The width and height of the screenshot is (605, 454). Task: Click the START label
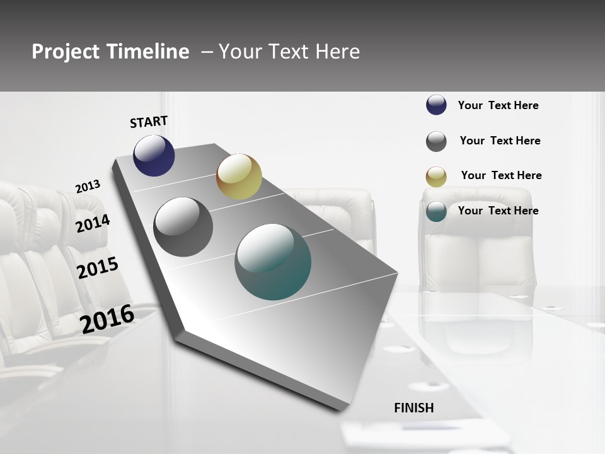tap(149, 122)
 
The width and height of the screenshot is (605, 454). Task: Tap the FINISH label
tap(414, 408)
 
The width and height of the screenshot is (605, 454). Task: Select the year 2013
tap(88, 187)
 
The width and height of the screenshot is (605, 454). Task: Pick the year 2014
tap(93, 223)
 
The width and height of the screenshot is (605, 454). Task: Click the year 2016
tap(107, 318)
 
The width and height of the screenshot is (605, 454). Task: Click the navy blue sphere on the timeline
tap(154, 155)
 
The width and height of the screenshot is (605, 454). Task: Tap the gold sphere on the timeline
tap(239, 177)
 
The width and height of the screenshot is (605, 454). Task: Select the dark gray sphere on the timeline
tap(183, 227)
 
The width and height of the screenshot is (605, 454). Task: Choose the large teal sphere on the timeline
tap(273, 262)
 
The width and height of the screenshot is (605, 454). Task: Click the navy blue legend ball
tap(436, 105)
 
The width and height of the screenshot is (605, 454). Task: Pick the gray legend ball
tap(436, 141)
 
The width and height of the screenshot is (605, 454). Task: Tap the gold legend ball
tap(436, 177)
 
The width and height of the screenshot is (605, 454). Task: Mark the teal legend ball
tap(436, 211)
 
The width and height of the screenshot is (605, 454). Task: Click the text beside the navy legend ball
tap(498, 105)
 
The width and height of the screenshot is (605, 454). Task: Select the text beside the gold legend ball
tap(501, 175)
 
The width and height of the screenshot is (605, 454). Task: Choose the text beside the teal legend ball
tap(498, 211)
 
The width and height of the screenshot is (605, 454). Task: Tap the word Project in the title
tap(66, 52)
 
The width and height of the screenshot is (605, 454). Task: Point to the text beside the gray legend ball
tap(500, 141)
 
